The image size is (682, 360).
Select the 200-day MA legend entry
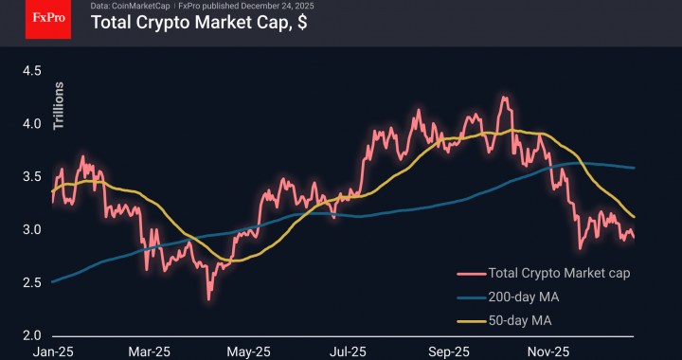click(523, 298)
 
